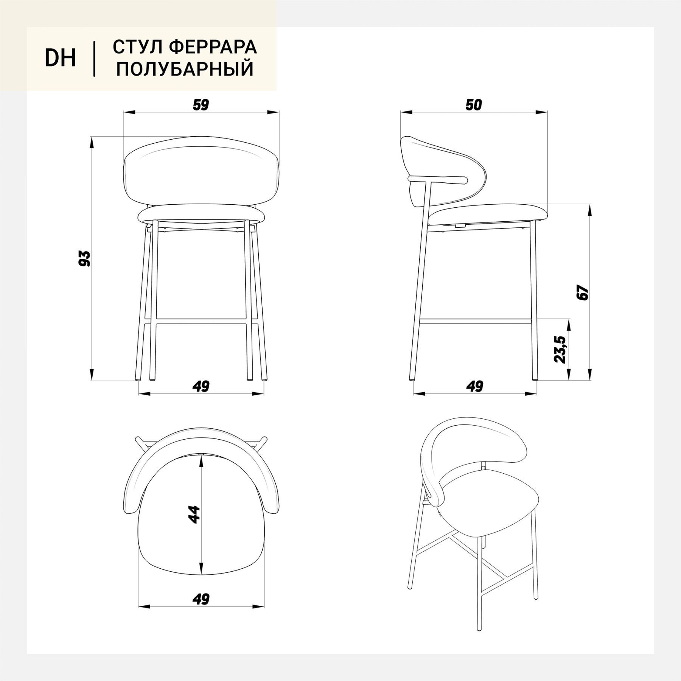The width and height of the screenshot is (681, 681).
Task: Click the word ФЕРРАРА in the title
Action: pyautogui.click(x=213, y=47)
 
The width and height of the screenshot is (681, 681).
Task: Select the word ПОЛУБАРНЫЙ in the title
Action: pyautogui.click(x=185, y=69)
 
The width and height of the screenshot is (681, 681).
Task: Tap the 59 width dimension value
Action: pyautogui.click(x=201, y=105)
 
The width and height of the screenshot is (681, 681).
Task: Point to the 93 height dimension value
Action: pyautogui.click(x=86, y=258)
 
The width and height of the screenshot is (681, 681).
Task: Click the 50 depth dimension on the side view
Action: pyautogui.click(x=474, y=105)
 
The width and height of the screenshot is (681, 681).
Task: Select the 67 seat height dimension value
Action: pyautogui.click(x=584, y=292)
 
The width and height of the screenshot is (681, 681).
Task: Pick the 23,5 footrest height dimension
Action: pyautogui.click(x=560, y=350)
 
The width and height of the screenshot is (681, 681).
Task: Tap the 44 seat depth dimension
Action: pyautogui.click(x=194, y=514)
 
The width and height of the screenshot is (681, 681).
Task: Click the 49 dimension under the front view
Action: pyautogui.click(x=201, y=386)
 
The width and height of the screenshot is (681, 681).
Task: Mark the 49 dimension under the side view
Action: pyautogui.click(x=474, y=386)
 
